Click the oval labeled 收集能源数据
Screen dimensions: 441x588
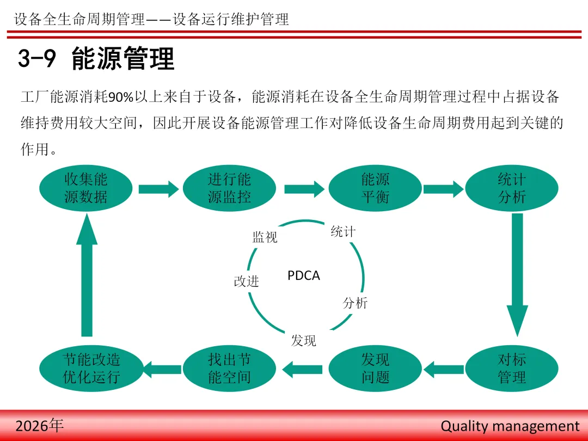pyautogui.click(x=86, y=188)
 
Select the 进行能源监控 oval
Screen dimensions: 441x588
pyautogui.click(x=229, y=188)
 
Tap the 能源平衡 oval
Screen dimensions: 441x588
pyautogui.click(x=375, y=188)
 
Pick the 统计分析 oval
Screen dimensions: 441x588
pyautogui.click(x=512, y=188)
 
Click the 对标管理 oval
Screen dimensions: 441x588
pyautogui.click(x=512, y=369)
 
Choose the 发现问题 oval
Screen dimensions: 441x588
pyautogui.click(x=375, y=369)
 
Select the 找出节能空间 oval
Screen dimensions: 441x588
pyautogui.click(x=229, y=369)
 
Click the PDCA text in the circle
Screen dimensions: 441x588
pyautogui.click(x=304, y=276)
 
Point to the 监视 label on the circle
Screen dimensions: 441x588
pyautogui.click(x=265, y=237)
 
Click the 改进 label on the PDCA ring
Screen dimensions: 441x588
pyautogui.click(x=246, y=281)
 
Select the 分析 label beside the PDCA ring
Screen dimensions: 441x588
pyautogui.click(x=355, y=303)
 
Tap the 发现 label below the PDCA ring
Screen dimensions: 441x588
pyautogui.click(x=303, y=341)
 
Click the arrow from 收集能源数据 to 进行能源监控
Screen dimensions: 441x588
pyautogui.click(x=158, y=189)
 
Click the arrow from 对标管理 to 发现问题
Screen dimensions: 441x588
pyautogui.click(x=444, y=370)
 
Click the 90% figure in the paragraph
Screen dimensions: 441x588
pyautogui.click(x=121, y=98)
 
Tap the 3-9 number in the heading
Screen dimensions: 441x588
pyautogui.click(x=37, y=59)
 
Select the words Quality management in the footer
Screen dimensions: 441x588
pyautogui.click(x=510, y=426)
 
